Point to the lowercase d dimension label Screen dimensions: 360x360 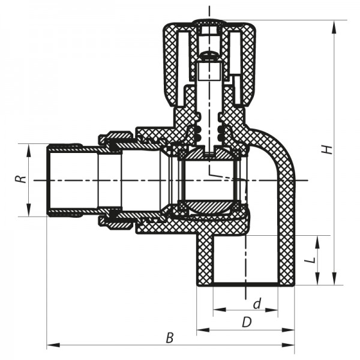click(x=257, y=304)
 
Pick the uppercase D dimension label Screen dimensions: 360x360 click(x=246, y=322)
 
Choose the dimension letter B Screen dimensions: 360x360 click(x=170, y=338)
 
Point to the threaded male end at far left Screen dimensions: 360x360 click(x=60, y=180)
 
